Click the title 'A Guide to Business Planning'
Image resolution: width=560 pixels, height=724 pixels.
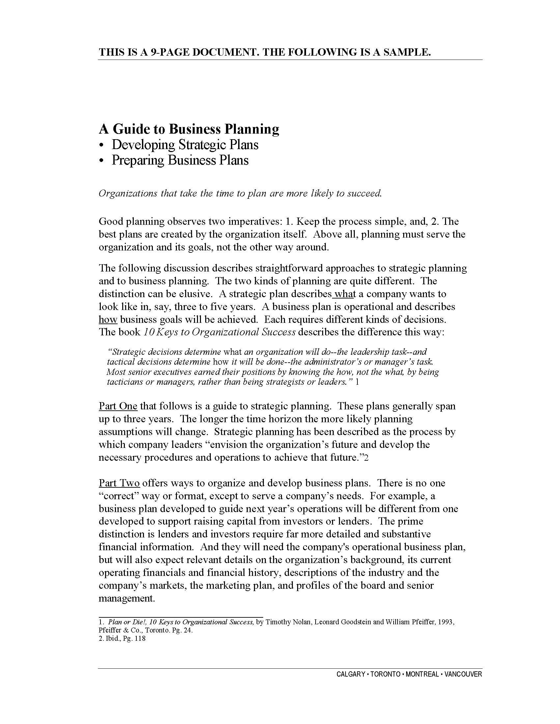[x=189, y=129]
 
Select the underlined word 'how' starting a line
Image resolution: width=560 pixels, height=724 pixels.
[x=108, y=320]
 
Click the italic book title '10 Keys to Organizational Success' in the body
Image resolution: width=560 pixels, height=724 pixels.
[x=219, y=332]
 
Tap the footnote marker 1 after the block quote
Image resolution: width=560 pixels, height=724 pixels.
[x=357, y=382]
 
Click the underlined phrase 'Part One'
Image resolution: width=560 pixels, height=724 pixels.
[x=118, y=406]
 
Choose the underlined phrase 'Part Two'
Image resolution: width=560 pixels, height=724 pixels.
[x=119, y=483]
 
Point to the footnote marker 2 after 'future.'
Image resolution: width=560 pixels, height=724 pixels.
[x=366, y=458]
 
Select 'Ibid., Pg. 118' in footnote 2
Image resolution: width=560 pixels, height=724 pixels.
[x=126, y=638]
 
